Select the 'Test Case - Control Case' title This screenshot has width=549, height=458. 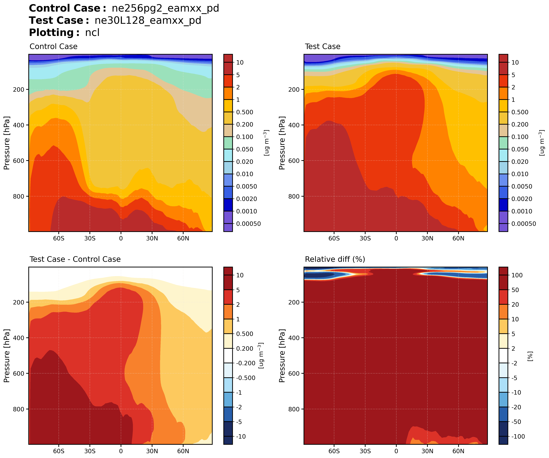[x=75, y=259]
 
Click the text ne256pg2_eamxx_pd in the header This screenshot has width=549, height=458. [x=165, y=8]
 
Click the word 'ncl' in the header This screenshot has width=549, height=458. [x=92, y=33]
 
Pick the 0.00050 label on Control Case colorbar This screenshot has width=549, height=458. [x=248, y=224]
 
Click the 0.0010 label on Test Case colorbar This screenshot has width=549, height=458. [x=522, y=211]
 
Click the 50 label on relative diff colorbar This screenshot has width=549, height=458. [x=515, y=290]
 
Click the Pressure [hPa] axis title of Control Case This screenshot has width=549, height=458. [x=7, y=143]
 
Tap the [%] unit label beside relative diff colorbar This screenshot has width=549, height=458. [x=530, y=356]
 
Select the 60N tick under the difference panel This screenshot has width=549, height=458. [x=183, y=451]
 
